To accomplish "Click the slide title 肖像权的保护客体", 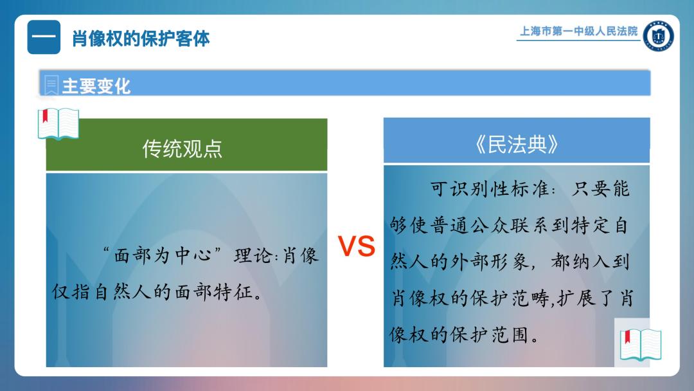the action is pos(141,39).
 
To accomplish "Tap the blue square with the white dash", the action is pos(44,37).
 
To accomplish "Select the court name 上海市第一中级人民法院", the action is pos(578,31).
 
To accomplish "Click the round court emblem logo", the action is pos(658,36).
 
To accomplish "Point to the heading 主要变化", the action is pos(96,86).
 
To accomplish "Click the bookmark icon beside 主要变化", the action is pos(51,85).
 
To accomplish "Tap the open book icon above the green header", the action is pos(58,123).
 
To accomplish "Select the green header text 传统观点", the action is pos(182,149).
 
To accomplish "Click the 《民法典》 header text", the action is pos(517,144).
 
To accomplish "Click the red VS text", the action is pos(356,246).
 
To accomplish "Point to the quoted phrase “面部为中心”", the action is pos(162,255).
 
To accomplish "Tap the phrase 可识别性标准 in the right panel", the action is pos(490,189).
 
